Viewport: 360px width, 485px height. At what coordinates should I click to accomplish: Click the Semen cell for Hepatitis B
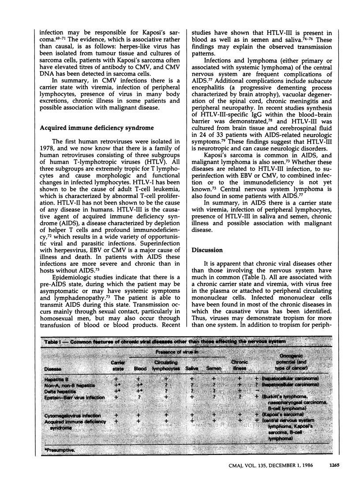click(x=214, y=379)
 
